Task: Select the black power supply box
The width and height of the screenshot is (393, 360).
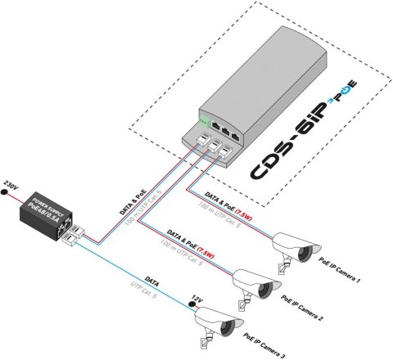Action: (x=44, y=214)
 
